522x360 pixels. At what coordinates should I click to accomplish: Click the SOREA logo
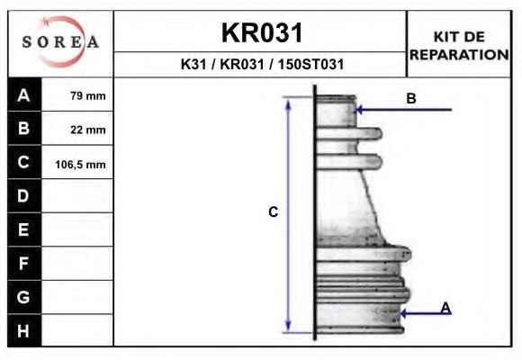60,42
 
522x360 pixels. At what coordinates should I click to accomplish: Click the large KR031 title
262,33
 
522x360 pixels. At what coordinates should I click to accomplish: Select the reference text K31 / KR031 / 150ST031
262,64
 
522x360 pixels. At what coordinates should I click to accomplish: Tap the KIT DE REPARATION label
459,46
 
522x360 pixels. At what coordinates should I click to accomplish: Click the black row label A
24,94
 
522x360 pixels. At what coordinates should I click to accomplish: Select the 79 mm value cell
88,96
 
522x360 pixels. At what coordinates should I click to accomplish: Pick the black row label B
24,128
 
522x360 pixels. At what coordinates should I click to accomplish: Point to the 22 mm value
88,130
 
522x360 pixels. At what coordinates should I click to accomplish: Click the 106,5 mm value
81,165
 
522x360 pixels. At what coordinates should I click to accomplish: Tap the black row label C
24,162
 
